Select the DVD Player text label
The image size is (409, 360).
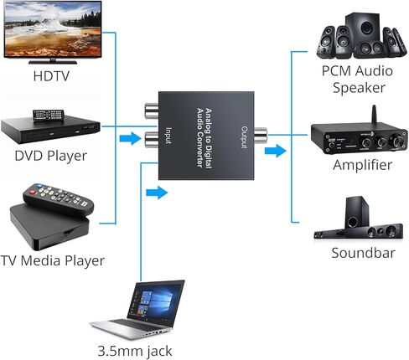pyautogui.click(x=51, y=156)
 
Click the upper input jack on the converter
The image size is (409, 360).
pyautogui.click(x=152, y=110)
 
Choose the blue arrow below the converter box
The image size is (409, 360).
pyautogui.click(x=156, y=193)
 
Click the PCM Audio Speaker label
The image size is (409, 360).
pyautogui.click(x=357, y=79)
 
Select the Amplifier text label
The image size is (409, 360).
pyautogui.click(x=362, y=165)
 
